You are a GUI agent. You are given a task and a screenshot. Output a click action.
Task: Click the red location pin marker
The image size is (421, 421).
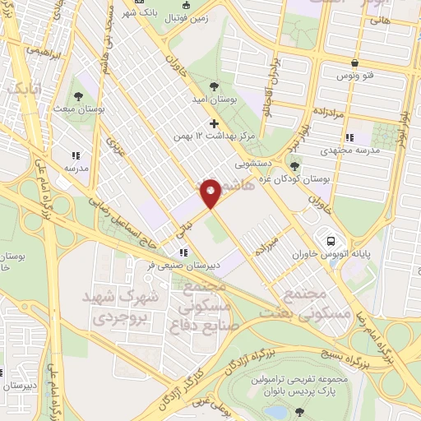click(210, 194)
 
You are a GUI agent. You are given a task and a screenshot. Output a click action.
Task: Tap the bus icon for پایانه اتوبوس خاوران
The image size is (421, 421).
click(330, 241)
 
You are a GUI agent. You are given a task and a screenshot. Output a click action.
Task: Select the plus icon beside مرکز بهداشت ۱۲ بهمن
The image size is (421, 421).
click(215, 123)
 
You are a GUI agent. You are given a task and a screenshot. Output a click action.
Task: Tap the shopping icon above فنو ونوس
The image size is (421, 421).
click(354, 62)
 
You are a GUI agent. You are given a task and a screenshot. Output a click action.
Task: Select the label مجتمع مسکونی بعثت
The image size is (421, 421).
click(294, 303)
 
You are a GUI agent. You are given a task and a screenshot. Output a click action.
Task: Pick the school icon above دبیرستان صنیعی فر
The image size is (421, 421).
click(184, 252)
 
